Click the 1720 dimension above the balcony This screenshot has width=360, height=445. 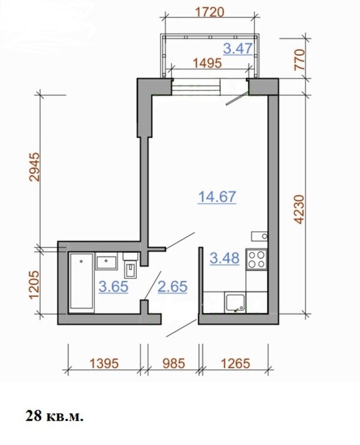[x=210, y=13]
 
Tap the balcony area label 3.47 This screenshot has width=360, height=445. [x=238, y=48]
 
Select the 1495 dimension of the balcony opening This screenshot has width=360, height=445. [x=208, y=63]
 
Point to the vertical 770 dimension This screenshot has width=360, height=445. [x=299, y=60]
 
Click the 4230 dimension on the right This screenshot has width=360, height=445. [x=299, y=209]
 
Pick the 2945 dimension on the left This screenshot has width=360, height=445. [x=35, y=167]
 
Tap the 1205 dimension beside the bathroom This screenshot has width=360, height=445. [x=34, y=285]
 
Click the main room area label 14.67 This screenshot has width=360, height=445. [x=217, y=196]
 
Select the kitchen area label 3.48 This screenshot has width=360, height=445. [x=224, y=258]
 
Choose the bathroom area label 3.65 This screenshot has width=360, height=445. [x=114, y=287]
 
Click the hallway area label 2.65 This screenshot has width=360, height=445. [x=172, y=287]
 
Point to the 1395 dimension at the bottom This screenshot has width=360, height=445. [x=104, y=363]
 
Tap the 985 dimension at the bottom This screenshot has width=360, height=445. [x=174, y=363]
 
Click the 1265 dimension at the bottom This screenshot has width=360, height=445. [x=235, y=363]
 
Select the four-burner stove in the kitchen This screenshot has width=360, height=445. [x=257, y=259]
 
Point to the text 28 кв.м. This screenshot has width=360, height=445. [x=55, y=416]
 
